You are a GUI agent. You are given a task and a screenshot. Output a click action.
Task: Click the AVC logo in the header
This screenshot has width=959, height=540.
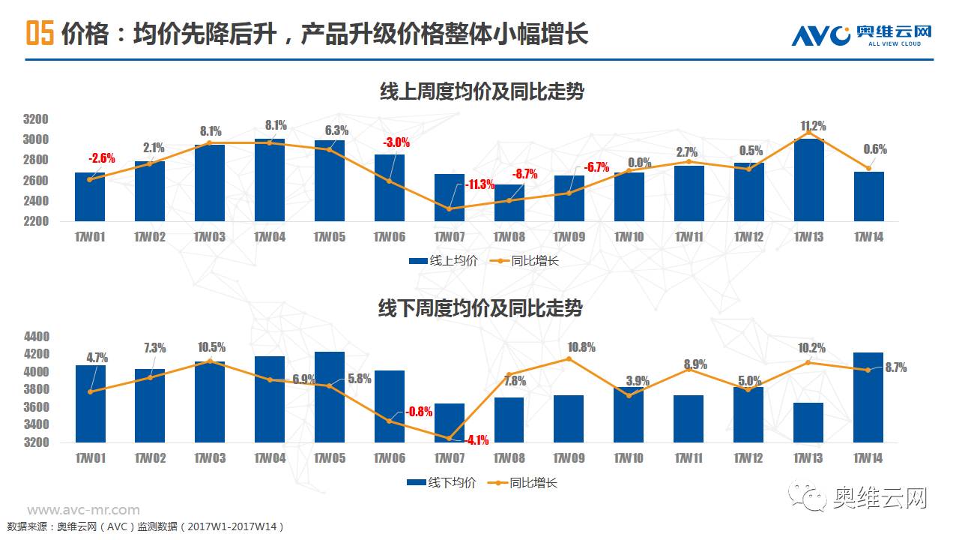tap(862, 34)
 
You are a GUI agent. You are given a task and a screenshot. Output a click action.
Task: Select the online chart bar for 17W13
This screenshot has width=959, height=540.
tap(808, 180)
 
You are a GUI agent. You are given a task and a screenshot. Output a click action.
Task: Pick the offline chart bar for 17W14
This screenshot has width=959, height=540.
tap(868, 397)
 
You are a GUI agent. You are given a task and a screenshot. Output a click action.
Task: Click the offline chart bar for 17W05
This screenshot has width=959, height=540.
tap(330, 397)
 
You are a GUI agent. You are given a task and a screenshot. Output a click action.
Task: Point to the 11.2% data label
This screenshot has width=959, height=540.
tap(813, 126)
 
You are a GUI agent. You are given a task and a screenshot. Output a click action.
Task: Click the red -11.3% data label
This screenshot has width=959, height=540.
tap(479, 185)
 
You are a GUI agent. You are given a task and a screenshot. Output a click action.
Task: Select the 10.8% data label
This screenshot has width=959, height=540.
tap(581, 347)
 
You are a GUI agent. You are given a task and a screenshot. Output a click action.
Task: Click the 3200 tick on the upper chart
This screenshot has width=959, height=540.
tap(36, 119)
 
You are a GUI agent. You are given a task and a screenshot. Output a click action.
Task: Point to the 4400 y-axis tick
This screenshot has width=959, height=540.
tap(36, 337)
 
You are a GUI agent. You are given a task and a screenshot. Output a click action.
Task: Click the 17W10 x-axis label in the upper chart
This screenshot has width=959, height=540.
tap(629, 237)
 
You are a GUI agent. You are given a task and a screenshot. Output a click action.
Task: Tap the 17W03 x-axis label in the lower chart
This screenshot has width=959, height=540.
tap(209, 457)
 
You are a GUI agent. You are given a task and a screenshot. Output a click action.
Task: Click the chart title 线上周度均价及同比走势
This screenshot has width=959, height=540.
tap(482, 91)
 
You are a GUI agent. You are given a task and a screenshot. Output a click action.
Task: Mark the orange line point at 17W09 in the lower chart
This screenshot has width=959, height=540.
tap(569, 358)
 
